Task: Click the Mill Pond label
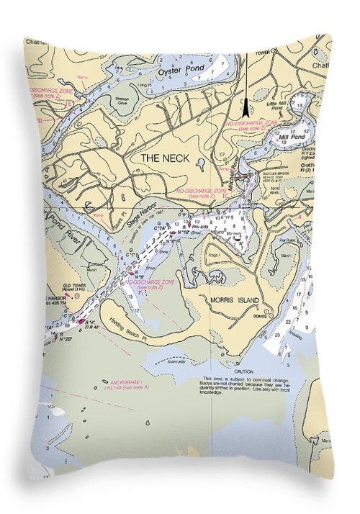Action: (x=291, y=135)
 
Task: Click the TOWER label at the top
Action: (x=281, y=53)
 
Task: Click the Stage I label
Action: (x=214, y=256)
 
